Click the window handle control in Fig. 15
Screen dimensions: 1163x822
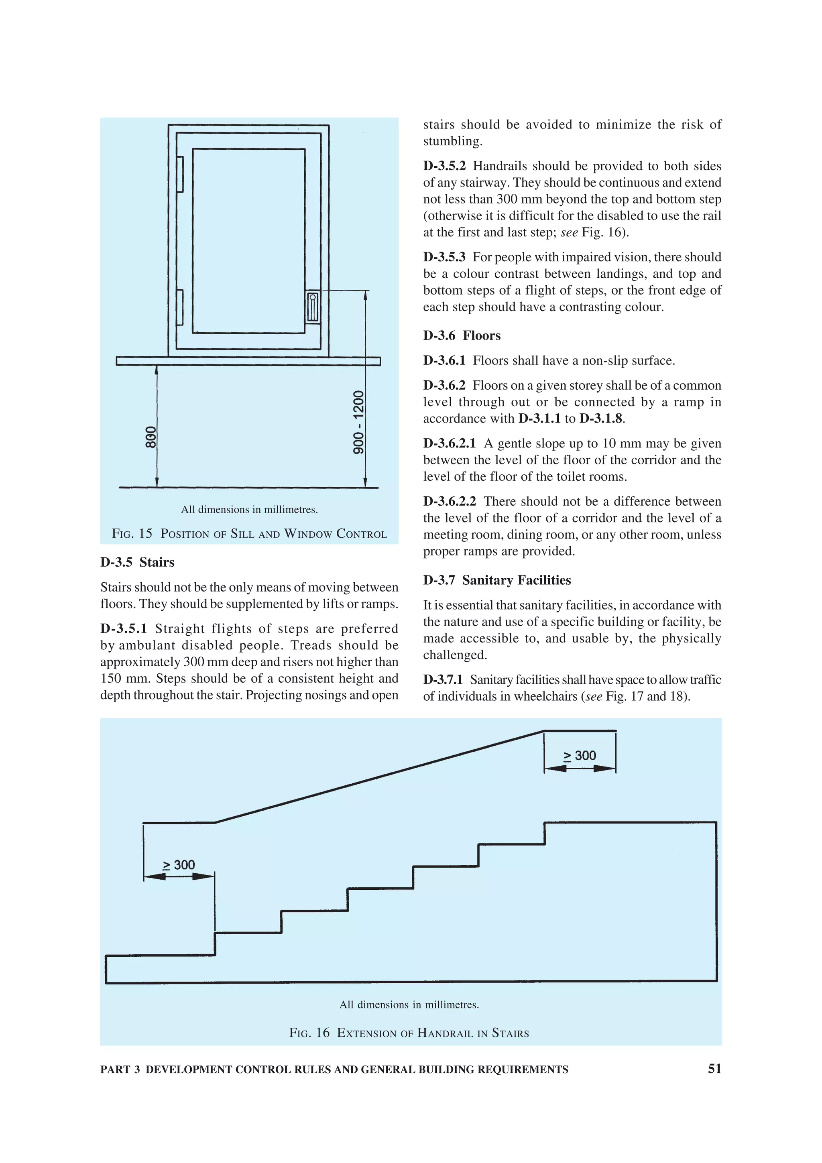pos(313,307)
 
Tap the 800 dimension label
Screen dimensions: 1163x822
pos(151,437)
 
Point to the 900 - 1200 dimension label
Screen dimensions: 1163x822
pos(358,422)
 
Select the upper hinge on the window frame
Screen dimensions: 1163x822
pos(180,174)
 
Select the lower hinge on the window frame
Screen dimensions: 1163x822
pos(180,307)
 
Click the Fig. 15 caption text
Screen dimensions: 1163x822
pos(249,533)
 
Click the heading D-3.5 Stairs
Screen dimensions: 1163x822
pos(137,562)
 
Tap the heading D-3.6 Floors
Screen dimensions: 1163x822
pos(462,335)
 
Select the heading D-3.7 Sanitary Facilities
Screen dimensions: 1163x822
pos(497,580)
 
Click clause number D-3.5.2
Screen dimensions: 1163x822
pos(444,166)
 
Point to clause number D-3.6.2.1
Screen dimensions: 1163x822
pos(449,443)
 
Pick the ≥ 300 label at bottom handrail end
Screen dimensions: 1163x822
pos(179,865)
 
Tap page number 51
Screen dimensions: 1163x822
pos(714,1068)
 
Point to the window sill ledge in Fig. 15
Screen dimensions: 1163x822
pos(248,361)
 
